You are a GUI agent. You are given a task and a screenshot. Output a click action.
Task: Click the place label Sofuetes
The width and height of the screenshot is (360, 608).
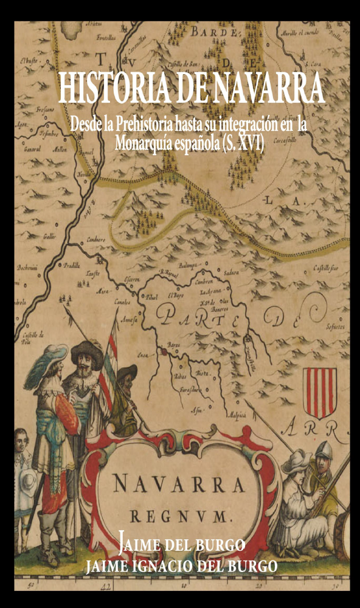pos(335,327)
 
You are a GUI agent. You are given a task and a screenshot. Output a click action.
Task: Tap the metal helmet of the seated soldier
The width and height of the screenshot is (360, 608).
pos(323,450)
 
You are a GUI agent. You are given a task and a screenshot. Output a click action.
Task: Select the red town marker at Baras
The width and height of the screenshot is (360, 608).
pos(164,352)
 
